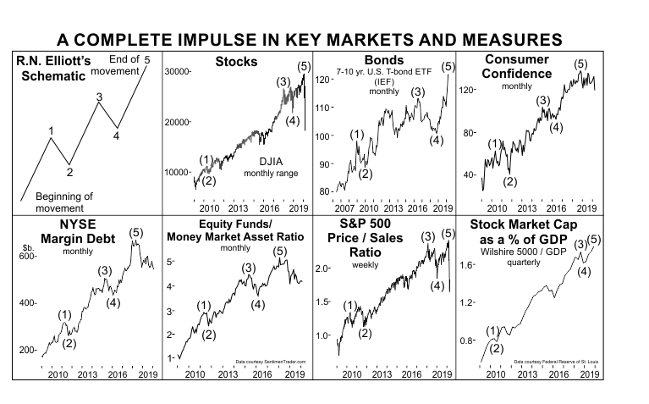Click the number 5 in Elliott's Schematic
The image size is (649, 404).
pos(147,59)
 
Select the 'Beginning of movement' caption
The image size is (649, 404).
pos(63,202)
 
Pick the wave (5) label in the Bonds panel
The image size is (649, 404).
pos(448,66)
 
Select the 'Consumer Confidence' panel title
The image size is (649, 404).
pos(517,67)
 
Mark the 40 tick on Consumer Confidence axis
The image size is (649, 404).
pos(467,175)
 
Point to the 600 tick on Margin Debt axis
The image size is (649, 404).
pos(28,256)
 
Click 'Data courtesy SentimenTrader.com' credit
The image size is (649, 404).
pos(270,362)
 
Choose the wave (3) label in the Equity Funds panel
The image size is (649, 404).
pos(248,268)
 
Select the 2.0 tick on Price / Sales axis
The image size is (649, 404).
pos(322,268)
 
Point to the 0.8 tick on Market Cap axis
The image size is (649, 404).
pos(466,340)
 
